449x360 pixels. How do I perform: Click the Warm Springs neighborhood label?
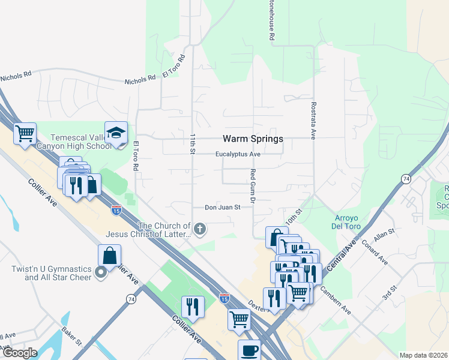(x=253, y=139)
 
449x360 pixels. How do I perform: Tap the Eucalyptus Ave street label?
(x=238, y=154)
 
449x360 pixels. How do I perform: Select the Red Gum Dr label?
(x=253, y=185)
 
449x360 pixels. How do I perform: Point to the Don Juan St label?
(x=222, y=208)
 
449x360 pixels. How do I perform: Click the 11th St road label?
(x=193, y=144)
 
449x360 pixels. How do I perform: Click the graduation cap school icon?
(x=116, y=133)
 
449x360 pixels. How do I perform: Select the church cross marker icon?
(x=200, y=228)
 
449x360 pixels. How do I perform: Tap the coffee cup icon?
(x=249, y=350)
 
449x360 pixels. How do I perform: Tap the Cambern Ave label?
(x=336, y=299)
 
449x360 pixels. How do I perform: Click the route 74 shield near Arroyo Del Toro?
(x=406, y=179)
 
